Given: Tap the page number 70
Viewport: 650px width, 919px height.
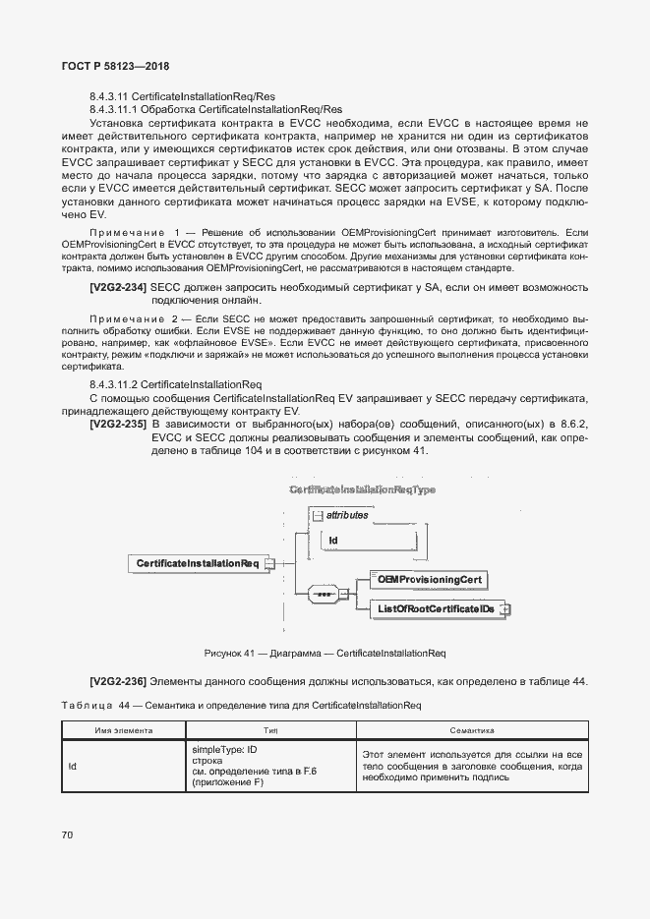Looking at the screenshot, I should (68, 835).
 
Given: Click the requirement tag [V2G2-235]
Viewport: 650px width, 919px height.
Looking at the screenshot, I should (118, 424).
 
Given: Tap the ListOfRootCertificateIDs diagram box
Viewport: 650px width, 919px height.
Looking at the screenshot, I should (436, 610).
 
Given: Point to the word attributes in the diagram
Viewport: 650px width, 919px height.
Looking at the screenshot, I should (347, 514).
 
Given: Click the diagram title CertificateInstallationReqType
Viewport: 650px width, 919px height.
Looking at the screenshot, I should (362, 488).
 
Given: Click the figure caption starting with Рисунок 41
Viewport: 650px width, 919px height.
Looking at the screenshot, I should (325, 653).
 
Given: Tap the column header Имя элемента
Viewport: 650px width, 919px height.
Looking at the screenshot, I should (124, 730).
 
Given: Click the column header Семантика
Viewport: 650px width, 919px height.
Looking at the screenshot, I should (471, 730).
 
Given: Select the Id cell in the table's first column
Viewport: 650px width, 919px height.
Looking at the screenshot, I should (73, 766).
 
